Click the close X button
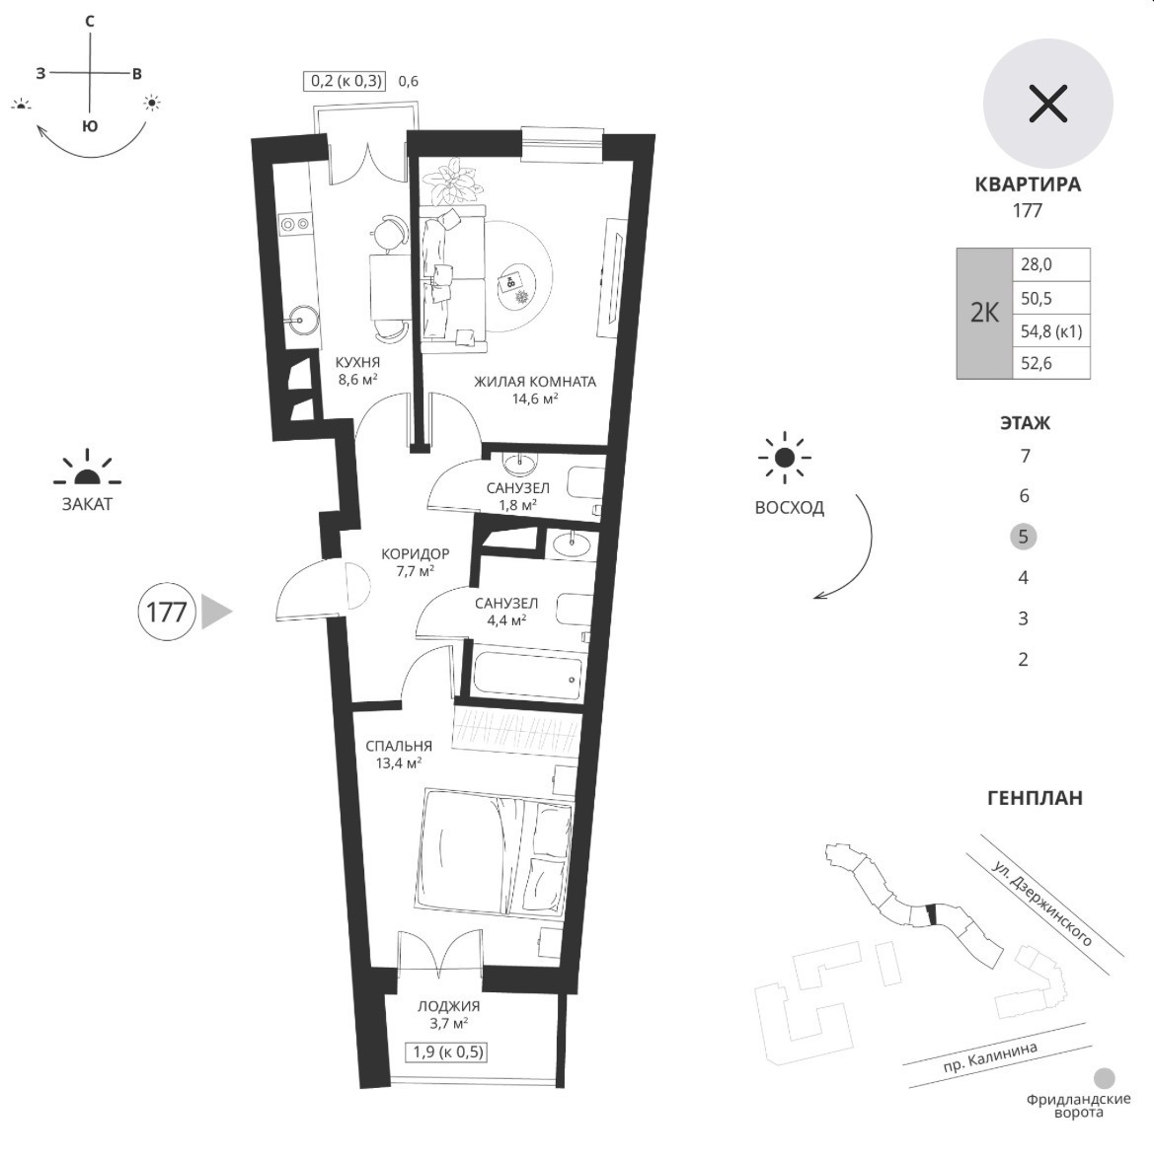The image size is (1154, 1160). [x=1047, y=103]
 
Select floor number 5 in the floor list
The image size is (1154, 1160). [x=1023, y=537]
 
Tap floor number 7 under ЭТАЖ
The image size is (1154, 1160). [x=1025, y=456]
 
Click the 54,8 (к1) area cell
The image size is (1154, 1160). [x=1051, y=330]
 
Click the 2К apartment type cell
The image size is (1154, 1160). [x=984, y=314]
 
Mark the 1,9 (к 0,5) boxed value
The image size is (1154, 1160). [x=448, y=1051]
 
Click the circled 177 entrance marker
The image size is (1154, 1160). [x=166, y=612]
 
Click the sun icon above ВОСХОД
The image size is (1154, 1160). [x=785, y=458]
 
